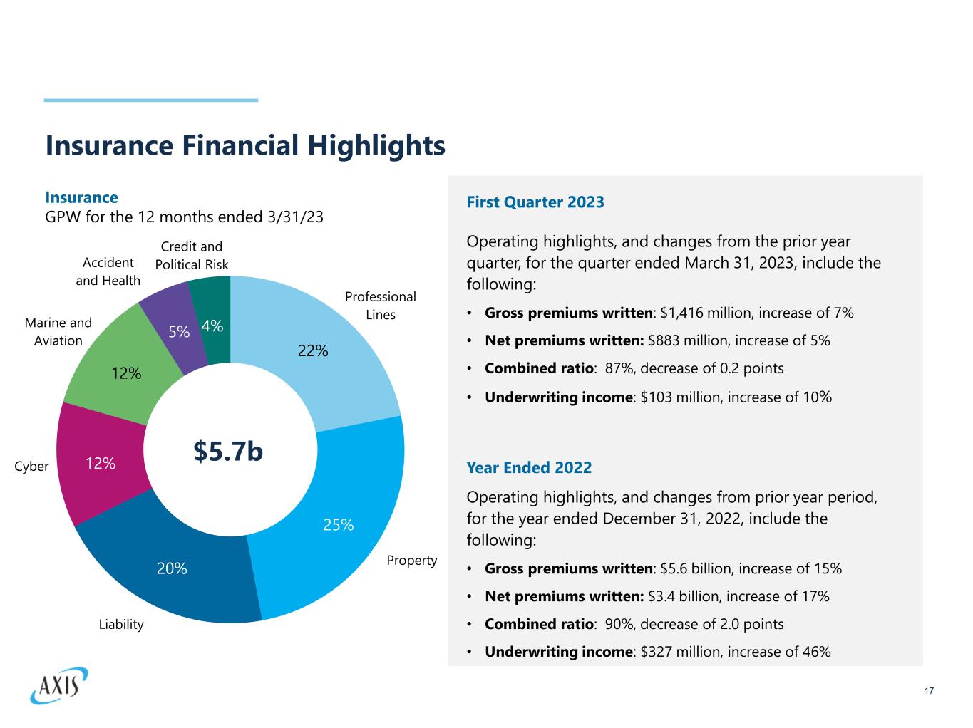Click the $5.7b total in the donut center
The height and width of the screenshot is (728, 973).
228,451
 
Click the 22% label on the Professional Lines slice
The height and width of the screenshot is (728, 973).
313,350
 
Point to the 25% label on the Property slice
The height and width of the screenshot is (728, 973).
339,525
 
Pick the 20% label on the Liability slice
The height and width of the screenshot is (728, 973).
172,568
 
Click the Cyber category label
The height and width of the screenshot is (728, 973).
32,467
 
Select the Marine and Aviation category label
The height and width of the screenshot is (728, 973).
58,332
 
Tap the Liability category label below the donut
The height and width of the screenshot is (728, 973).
121,625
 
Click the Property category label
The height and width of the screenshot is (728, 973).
411,561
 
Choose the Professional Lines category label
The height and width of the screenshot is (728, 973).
380,306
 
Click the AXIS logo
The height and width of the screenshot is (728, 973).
59,685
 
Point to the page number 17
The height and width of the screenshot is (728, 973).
928,691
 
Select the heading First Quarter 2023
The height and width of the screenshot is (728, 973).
535,202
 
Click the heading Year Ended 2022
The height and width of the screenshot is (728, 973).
529,467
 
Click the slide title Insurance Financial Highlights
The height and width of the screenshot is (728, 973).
245,145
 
